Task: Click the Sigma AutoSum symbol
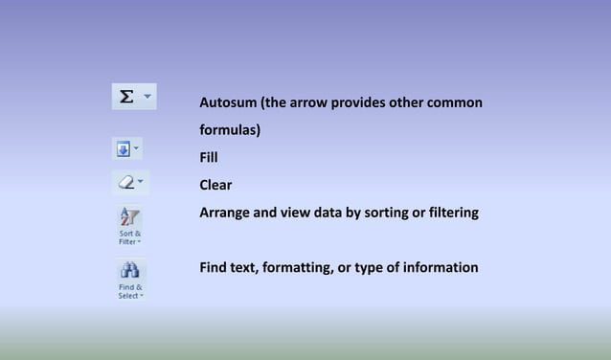(x=125, y=97)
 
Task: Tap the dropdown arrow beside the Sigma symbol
(x=147, y=97)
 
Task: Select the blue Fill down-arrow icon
(x=124, y=149)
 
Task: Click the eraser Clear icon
(x=125, y=181)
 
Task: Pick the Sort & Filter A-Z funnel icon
(x=129, y=217)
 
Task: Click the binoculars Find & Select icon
(x=130, y=271)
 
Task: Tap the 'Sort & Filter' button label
(x=130, y=237)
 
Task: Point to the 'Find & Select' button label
(x=130, y=291)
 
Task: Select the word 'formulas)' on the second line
(x=230, y=129)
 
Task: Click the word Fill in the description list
(x=209, y=157)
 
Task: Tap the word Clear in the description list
(x=215, y=185)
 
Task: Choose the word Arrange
(x=227, y=213)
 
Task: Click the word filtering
(x=450, y=213)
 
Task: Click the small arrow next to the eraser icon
(x=141, y=180)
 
